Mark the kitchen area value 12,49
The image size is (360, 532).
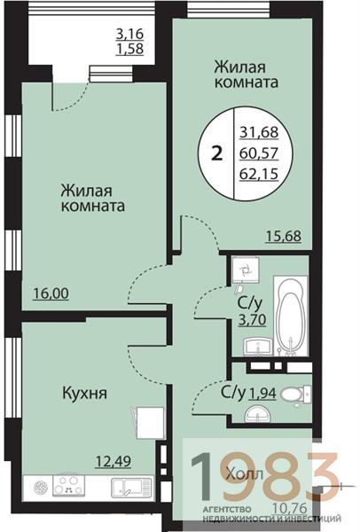pyautogui.click(x=113, y=459)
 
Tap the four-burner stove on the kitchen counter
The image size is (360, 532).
pyautogui.click(x=68, y=487)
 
